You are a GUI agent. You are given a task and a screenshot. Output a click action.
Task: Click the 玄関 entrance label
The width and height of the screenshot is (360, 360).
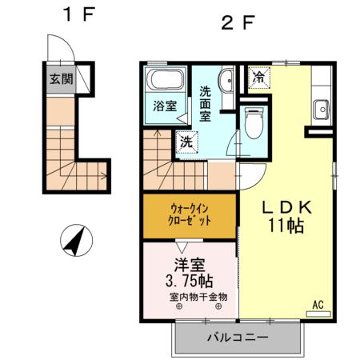point(61,79)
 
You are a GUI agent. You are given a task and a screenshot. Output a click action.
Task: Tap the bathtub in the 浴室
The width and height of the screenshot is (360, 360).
point(166,79)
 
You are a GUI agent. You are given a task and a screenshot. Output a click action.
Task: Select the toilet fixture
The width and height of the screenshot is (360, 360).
point(254,123)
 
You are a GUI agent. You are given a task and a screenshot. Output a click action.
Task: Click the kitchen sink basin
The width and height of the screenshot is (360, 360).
point(322,110)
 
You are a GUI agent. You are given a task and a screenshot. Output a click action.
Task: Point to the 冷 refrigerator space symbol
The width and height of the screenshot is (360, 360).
point(259,78)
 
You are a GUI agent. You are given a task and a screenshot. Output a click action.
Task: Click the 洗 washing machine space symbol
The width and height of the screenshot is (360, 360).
point(187,142)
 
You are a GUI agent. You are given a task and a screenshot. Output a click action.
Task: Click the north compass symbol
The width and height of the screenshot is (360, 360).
point(76,240)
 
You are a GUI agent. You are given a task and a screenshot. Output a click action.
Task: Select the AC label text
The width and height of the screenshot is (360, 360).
point(318,305)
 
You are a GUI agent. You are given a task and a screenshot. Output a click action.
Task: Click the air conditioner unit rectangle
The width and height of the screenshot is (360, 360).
point(318,314)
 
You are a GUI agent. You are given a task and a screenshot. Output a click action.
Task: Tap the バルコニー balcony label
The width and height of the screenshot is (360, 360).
point(238,338)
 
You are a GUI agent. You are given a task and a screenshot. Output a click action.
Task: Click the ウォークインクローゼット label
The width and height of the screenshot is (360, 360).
point(189,215)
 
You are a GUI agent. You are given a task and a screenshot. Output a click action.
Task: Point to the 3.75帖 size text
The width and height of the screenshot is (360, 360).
point(190,281)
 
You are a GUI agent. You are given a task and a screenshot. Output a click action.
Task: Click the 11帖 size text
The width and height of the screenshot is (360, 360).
point(286,226)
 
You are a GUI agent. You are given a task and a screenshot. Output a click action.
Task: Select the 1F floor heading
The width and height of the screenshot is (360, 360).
point(79,14)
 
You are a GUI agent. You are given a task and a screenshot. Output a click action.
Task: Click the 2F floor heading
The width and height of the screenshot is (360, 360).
point(238,22)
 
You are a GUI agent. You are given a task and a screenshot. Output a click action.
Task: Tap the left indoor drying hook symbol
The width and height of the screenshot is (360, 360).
point(179,306)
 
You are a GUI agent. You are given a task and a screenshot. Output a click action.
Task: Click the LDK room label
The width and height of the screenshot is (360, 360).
point(287,207)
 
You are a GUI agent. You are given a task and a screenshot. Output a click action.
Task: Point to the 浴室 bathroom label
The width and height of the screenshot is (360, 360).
point(165,106)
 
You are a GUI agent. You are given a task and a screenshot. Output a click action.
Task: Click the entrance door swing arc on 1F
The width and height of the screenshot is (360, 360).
point(67,42)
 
